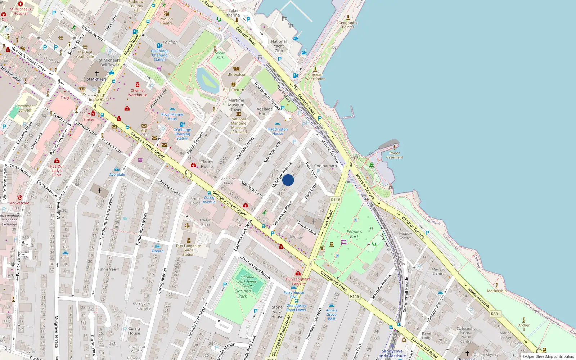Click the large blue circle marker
[x=288, y=180]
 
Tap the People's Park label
[x=354, y=234]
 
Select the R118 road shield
[x=336, y=200]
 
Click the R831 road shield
[x=495, y=314]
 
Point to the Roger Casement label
[x=395, y=155]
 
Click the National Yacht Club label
[x=279, y=46]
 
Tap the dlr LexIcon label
[x=237, y=75]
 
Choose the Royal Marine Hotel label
[x=172, y=117]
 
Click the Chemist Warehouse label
[x=138, y=93]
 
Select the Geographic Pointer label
[x=348, y=25]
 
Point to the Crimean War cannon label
[x=315, y=77]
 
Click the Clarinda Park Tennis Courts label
[x=247, y=282]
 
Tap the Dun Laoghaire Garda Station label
[x=188, y=250]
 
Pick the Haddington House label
[x=278, y=131]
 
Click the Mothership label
[x=496, y=291]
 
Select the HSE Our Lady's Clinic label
[x=57, y=171]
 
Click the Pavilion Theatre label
[x=166, y=21]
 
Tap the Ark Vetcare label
[x=19, y=203]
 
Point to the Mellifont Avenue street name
[x=282, y=175]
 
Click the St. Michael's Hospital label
[x=21, y=11]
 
